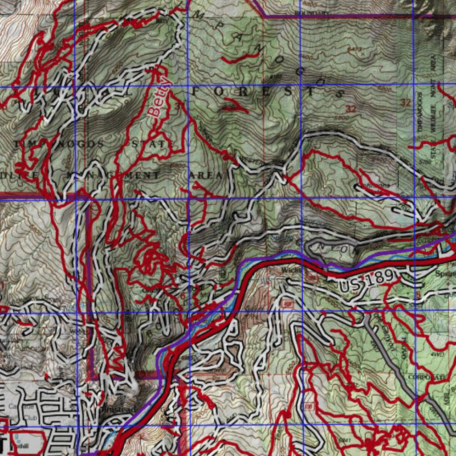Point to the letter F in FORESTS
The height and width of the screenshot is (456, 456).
coord(197,91)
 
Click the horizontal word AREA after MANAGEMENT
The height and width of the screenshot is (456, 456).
coord(205,175)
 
